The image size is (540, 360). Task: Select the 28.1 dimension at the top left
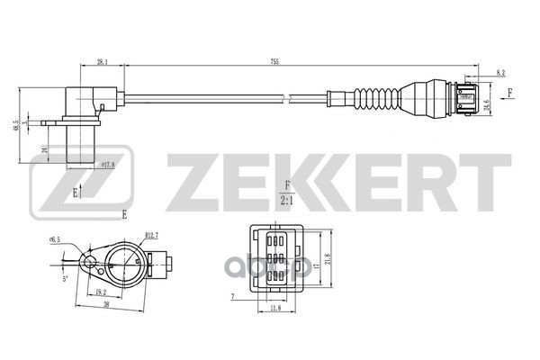click(103, 62)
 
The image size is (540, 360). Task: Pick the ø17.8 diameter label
click(108, 165)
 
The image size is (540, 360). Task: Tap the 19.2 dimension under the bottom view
click(100, 292)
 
